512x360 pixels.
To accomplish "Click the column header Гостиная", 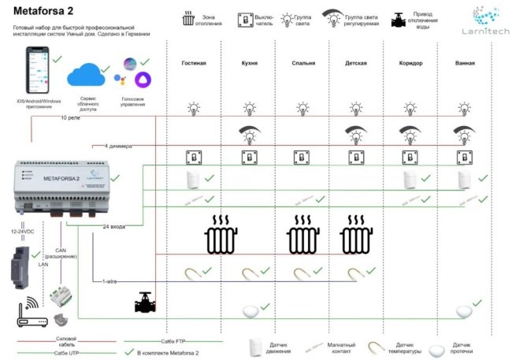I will pyautogui.click(x=194, y=63).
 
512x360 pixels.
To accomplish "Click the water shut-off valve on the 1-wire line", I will pyautogui.click(x=144, y=303).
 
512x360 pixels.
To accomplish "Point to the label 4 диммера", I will pyautogui.click(x=117, y=146).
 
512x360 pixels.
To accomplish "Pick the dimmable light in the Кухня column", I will pyautogui.click(x=250, y=133).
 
